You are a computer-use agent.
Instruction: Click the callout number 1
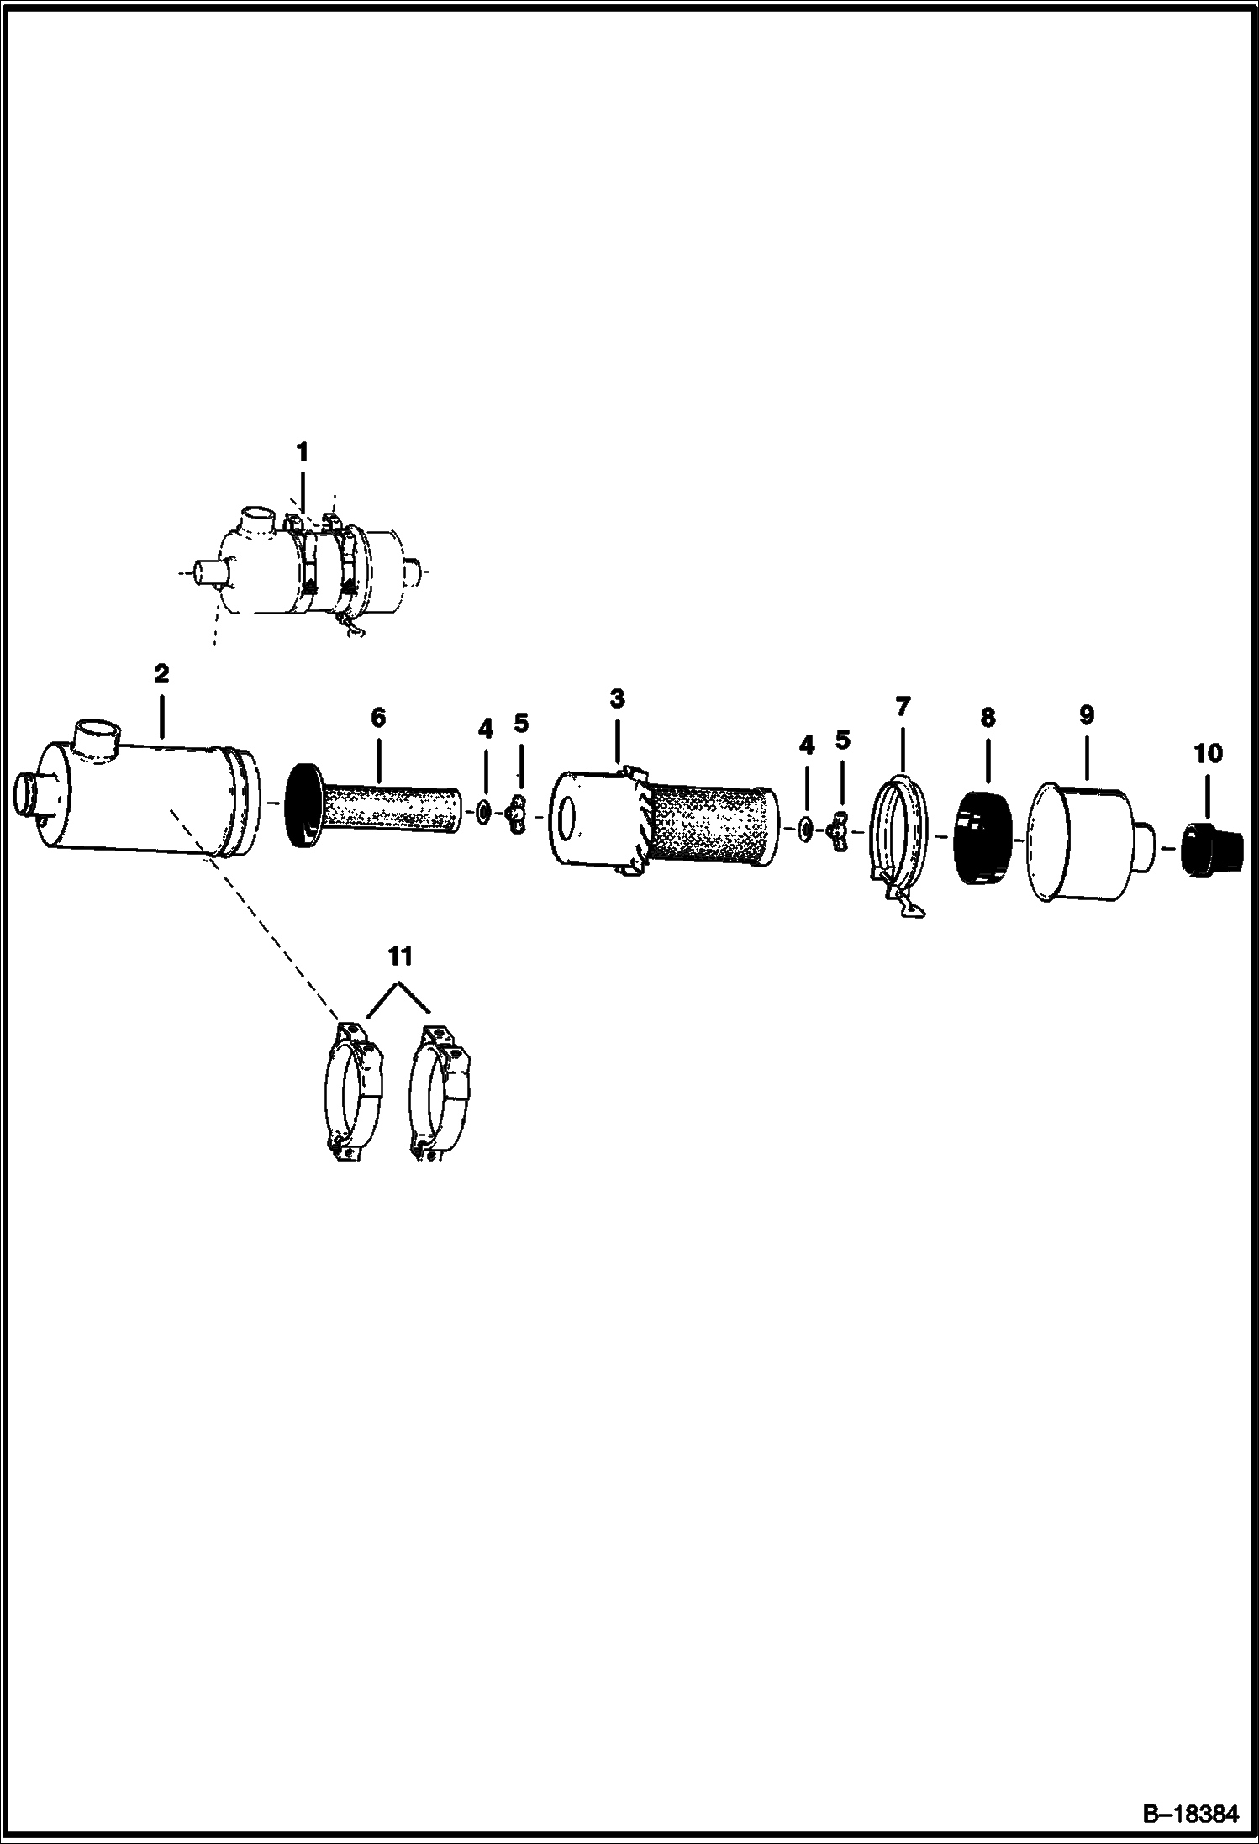click(302, 453)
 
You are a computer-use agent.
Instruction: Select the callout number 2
click(161, 674)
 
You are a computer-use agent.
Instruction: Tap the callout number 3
click(617, 699)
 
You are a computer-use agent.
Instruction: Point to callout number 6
click(377, 718)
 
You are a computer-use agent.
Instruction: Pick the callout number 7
click(903, 707)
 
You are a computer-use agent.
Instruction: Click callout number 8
click(988, 718)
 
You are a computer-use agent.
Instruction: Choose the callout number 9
click(1086, 715)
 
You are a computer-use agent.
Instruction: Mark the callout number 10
click(1208, 753)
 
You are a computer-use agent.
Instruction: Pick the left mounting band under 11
click(353, 1093)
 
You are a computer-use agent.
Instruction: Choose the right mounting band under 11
click(440, 1093)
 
